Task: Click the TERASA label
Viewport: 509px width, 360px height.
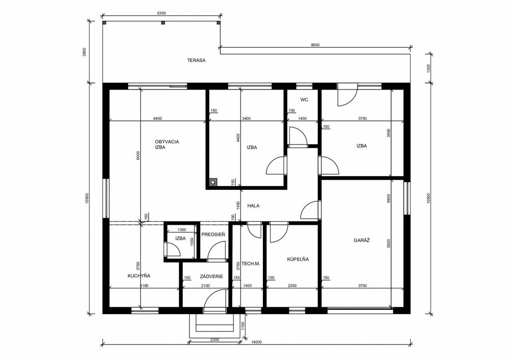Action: tap(196, 60)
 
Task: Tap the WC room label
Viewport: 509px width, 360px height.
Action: tap(304, 99)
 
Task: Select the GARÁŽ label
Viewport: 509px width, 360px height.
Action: tap(362, 241)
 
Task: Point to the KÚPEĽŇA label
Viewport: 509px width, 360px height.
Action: tap(298, 260)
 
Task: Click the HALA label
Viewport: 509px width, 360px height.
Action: tap(253, 205)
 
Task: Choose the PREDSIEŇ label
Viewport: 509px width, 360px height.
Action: tap(213, 234)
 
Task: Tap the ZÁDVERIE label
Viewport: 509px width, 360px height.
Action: tap(212, 276)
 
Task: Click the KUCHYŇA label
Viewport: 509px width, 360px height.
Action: tap(139, 276)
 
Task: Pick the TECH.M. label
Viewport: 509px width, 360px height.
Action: tap(251, 264)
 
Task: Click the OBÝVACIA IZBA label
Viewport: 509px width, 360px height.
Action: tap(167, 144)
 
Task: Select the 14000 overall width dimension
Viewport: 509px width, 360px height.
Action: tap(256, 342)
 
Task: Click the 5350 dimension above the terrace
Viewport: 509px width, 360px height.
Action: tap(162, 13)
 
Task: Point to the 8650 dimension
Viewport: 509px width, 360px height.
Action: tap(315, 45)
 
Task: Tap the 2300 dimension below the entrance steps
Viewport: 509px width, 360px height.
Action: tap(215, 340)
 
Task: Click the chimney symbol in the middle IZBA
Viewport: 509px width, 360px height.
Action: tap(213, 182)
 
